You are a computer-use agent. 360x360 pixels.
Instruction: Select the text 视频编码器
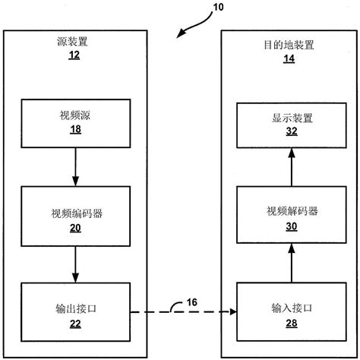click(x=75, y=213)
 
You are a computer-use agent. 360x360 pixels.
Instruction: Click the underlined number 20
click(x=75, y=228)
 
